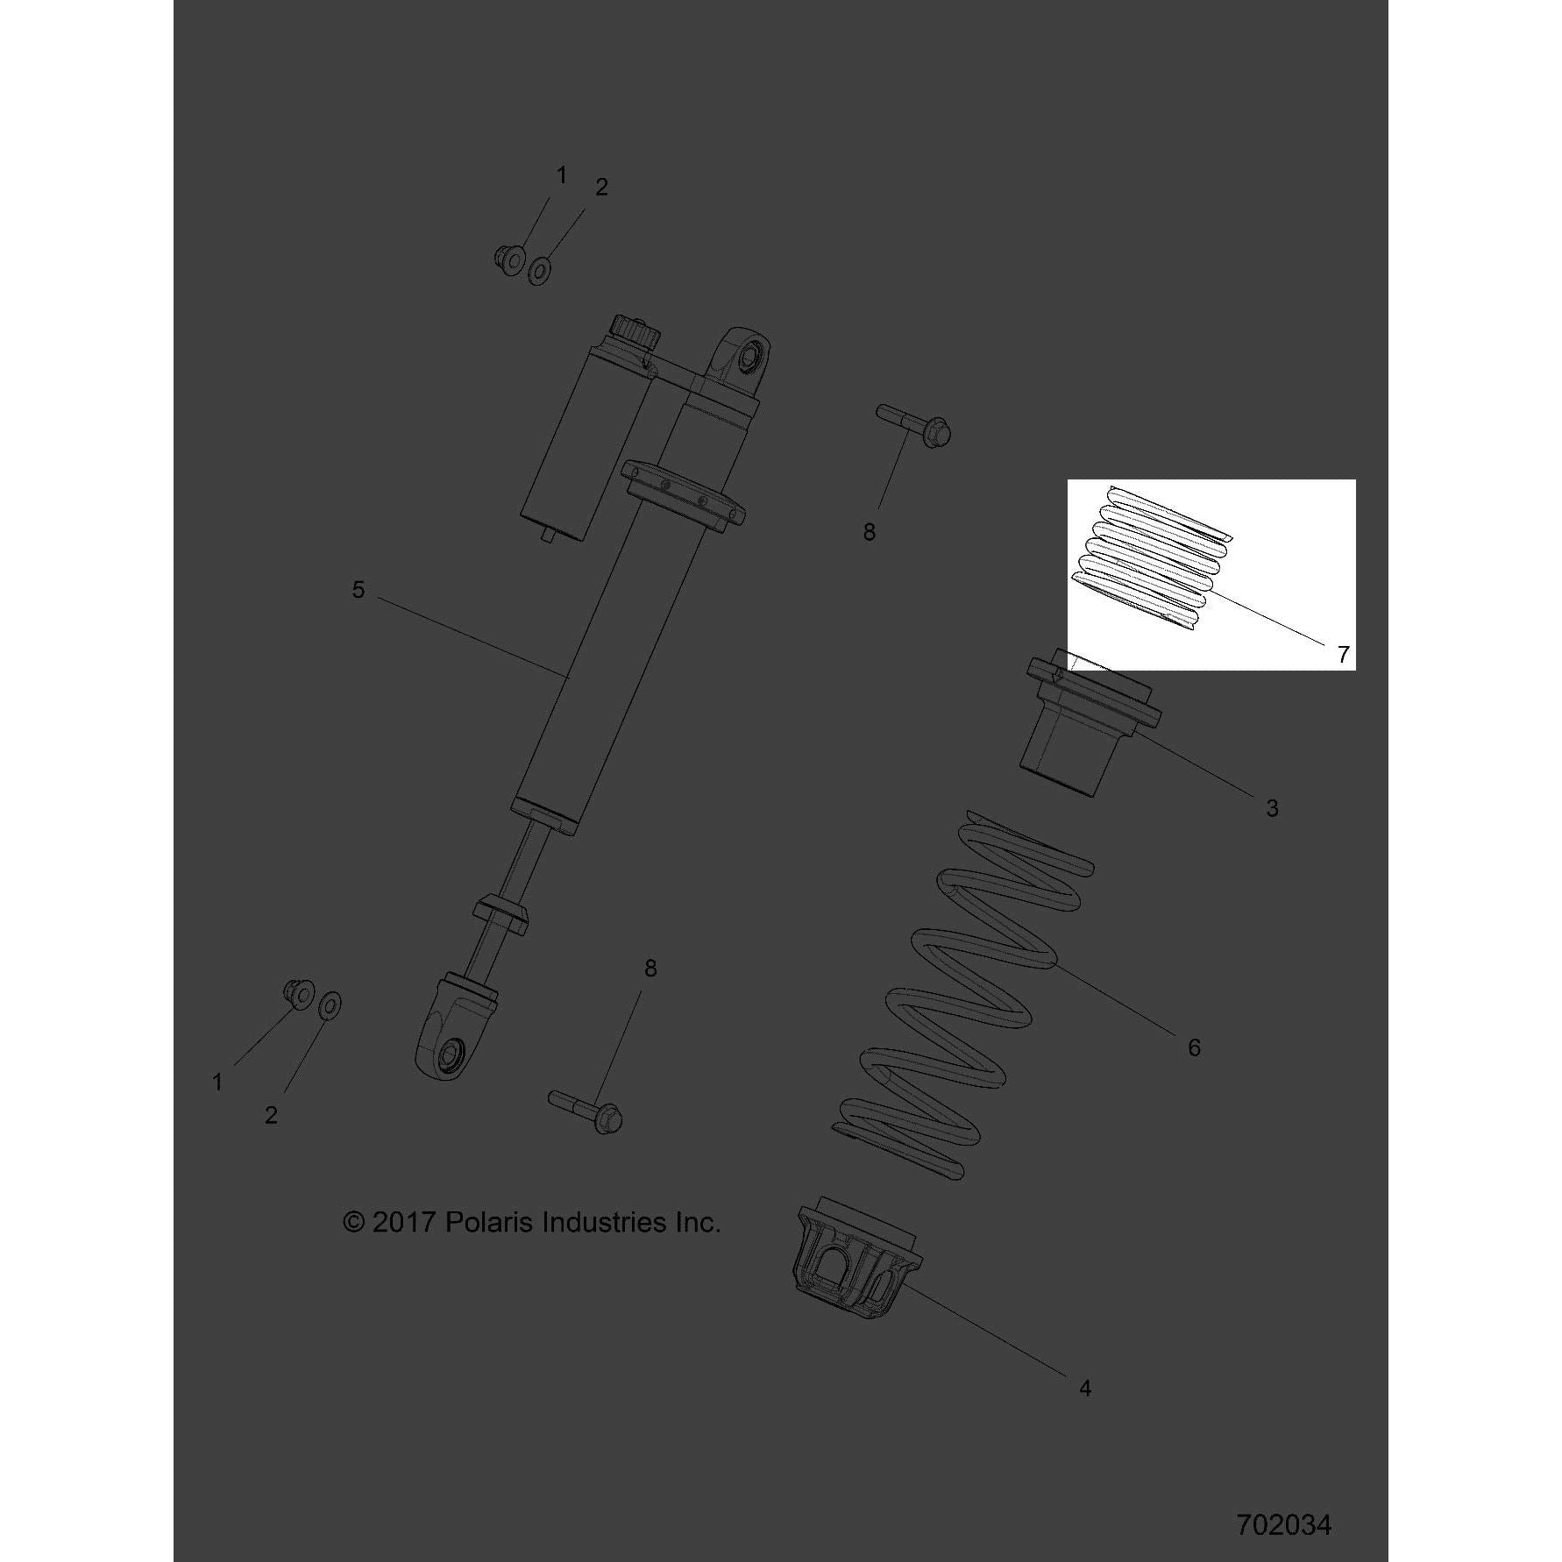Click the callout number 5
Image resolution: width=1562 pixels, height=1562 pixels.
coord(358,590)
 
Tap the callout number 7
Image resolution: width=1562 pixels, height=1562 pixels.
coord(1343,654)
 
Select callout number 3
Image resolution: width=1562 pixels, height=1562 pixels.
coord(1272,808)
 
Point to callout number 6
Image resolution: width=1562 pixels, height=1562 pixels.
coord(1194,1047)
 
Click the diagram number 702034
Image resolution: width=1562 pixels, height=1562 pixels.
coord(1284,1525)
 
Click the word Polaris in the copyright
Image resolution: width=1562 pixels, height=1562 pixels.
coord(490,1222)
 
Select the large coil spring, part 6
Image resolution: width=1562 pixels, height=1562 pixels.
coord(956,994)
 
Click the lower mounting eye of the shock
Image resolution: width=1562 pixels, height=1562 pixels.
coord(449,1040)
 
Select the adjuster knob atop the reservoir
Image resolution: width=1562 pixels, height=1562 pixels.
coord(635,333)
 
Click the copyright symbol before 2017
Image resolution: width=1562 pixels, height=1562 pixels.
coord(353,1223)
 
